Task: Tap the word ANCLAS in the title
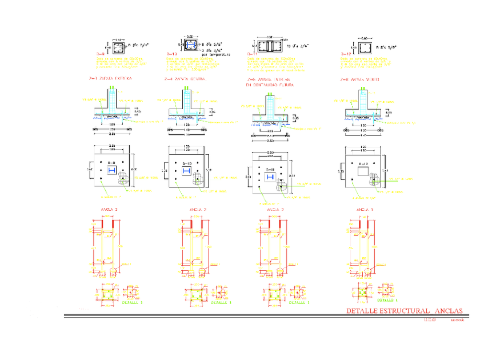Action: click(449, 311)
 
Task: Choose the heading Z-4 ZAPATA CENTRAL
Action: click(183, 79)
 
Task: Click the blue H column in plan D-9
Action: click(112, 171)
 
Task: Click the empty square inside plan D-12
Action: click(362, 170)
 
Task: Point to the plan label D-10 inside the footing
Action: click(187, 164)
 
